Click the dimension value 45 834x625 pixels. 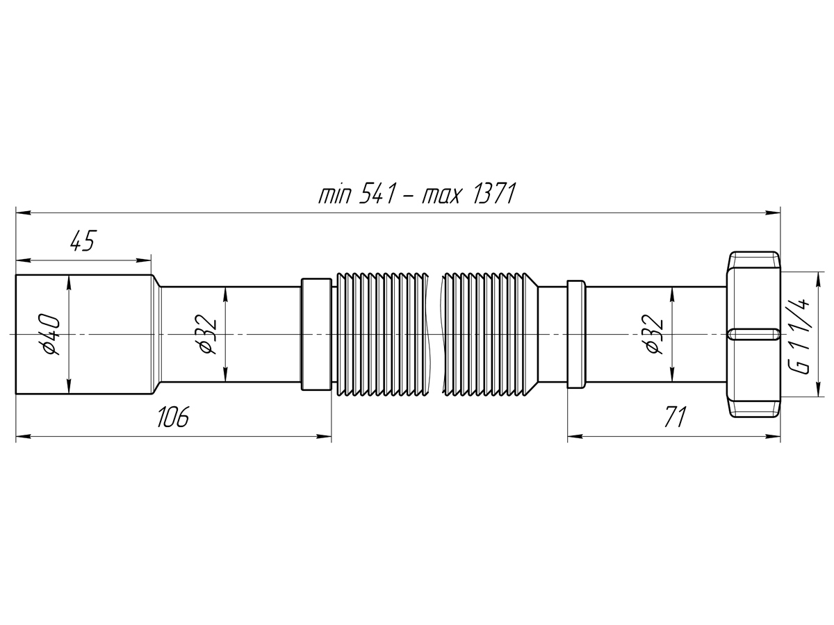click(82, 240)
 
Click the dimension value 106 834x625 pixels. click(173, 417)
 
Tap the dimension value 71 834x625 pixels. click(675, 417)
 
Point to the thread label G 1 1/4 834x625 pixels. click(801, 336)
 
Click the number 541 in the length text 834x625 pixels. click(376, 194)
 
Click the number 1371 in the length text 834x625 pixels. click(494, 194)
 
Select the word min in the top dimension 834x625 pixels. click(334, 195)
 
